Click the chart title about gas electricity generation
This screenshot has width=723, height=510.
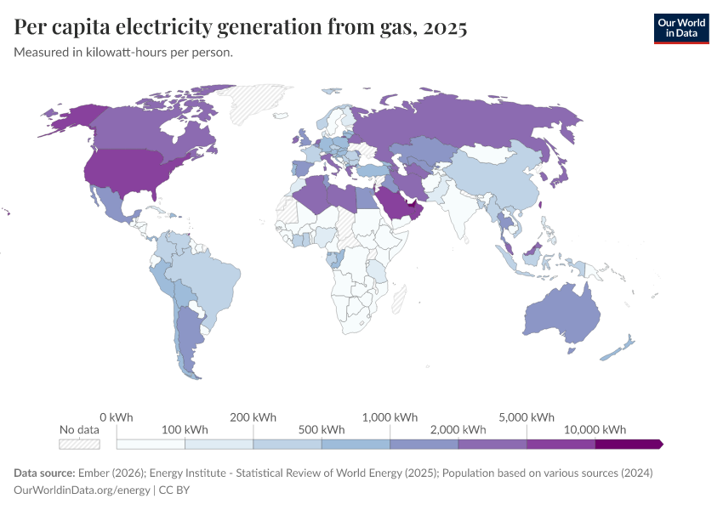[x=241, y=28]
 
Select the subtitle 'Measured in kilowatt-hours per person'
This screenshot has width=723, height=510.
[x=124, y=53]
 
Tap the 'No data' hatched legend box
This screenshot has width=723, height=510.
[x=79, y=444]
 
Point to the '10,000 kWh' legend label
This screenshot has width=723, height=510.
[x=595, y=429]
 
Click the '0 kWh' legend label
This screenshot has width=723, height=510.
[x=116, y=417]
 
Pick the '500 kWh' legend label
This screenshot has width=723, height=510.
[x=321, y=429]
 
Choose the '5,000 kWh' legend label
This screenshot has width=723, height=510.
[x=527, y=417]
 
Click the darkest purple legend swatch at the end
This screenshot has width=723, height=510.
[x=628, y=444]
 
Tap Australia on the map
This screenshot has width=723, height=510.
[x=561, y=319]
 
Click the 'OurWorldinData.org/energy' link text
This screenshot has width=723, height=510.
[x=82, y=490]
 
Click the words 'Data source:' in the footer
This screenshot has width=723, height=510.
[x=44, y=473]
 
